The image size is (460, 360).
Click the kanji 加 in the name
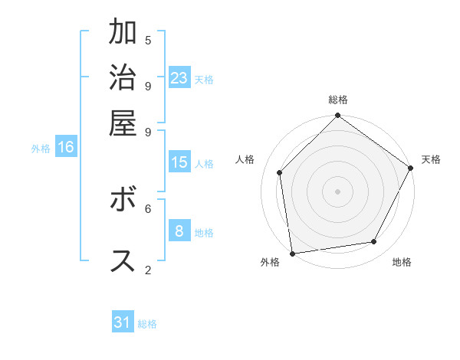point(123,34)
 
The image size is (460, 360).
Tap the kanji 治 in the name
point(123,78)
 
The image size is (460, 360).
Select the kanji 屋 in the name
point(123,123)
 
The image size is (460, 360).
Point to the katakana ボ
point(123,201)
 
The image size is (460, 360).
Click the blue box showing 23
point(179,78)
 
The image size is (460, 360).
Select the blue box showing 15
point(179,162)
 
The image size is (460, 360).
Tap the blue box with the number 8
point(179,231)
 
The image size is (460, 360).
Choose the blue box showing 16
point(66,147)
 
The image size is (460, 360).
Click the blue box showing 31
point(123,322)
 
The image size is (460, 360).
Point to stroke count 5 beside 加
point(148,40)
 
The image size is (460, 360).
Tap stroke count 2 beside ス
point(148,269)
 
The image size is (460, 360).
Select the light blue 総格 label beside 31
point(147,324)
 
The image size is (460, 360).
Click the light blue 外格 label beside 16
point(41,149)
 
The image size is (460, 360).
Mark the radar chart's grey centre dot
point(337,191)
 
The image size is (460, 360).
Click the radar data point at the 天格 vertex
point(410,168)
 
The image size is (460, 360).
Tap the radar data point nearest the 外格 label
point(292,253)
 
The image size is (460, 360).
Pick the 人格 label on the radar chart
point(245,159)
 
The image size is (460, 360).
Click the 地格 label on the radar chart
point(402,263)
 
